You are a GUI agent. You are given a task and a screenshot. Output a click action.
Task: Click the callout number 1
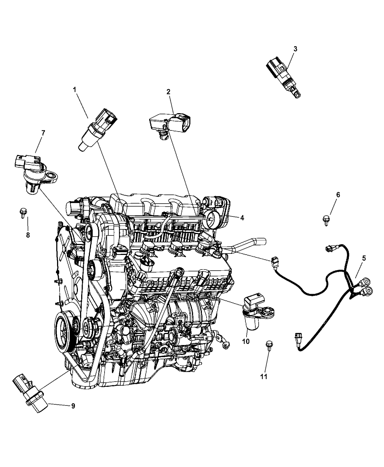[75, 90]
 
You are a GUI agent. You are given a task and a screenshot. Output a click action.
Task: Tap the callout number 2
[168, 92]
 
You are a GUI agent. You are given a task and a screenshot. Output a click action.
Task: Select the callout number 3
[295, 49]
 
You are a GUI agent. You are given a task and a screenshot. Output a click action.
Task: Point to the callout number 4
[242, 218]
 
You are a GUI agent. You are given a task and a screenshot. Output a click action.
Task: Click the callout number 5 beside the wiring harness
[364, 258]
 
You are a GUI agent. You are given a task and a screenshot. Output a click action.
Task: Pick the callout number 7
[43, 133]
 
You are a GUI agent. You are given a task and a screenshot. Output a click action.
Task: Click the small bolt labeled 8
[23, 212]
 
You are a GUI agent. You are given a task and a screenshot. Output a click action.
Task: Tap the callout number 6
[338, 195]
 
